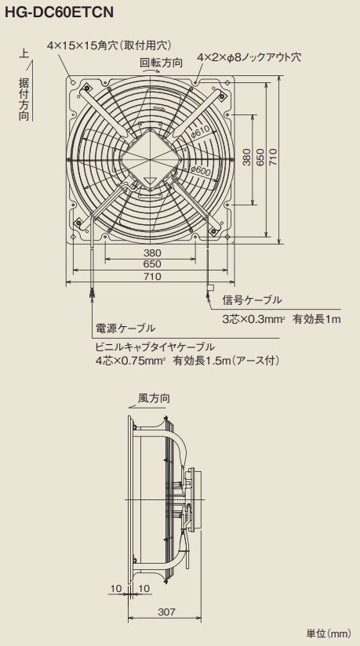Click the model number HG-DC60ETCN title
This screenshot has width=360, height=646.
point(59,13)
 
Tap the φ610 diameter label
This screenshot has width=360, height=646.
point(201,132)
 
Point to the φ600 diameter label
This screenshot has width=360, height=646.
point(202,169)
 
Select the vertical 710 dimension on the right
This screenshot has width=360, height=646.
point(274,158)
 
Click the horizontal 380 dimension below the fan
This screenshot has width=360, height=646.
point(152,253)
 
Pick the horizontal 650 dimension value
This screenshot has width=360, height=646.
point(152,264)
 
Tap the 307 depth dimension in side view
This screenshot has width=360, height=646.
point(166,612)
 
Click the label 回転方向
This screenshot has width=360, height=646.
point(161,63)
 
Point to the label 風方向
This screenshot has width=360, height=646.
point(154,398)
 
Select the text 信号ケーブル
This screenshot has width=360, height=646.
point(252,300)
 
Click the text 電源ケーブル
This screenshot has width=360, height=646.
point(125,328)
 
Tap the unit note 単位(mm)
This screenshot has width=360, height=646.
point(329,633)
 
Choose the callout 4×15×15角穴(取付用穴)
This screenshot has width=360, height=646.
point(109,45)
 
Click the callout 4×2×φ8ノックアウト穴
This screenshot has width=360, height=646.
point(249,57)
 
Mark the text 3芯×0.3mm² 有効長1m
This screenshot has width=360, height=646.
point(282,319)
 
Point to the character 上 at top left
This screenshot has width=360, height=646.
point(24,53)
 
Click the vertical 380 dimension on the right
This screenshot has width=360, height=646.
point(246,158)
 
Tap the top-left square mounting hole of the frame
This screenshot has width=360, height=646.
point(73,82)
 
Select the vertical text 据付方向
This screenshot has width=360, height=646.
point(24,100)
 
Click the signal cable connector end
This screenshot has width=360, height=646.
point(209,287)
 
